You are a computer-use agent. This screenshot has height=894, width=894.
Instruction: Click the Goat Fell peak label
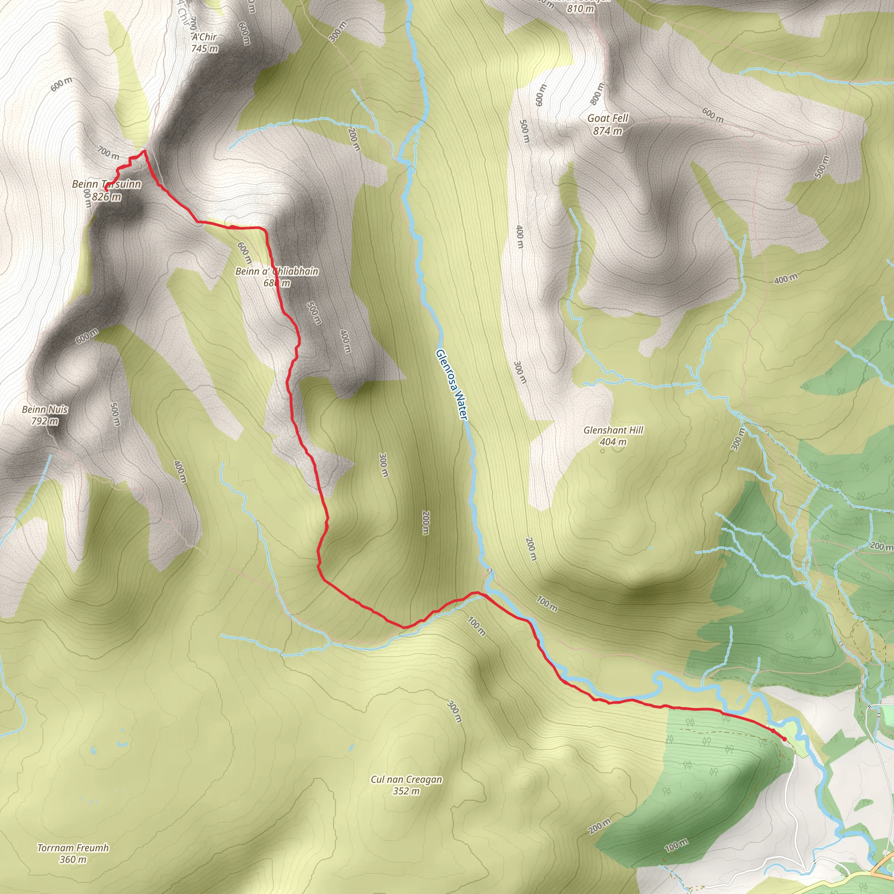608,118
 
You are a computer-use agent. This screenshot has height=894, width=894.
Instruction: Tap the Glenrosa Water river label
452,385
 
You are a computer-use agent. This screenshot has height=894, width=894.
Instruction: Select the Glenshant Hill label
613,430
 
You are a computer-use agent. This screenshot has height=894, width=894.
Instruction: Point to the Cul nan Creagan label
406,779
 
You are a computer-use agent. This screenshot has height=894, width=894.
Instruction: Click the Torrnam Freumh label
73,848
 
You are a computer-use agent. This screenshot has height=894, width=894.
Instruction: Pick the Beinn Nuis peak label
45,409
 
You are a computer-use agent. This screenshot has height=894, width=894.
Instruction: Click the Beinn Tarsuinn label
107,184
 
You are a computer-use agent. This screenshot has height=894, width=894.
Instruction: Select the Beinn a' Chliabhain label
277,271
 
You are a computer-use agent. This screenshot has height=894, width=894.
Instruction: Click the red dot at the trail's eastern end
784,739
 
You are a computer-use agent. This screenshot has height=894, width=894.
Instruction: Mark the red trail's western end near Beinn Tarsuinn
106,190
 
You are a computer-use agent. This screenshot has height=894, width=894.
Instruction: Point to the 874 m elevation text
608,131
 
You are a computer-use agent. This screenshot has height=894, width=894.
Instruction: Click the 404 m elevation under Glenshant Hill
613,442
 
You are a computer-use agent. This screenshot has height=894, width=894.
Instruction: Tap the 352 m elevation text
406,791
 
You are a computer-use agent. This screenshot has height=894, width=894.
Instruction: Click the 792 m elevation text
45,421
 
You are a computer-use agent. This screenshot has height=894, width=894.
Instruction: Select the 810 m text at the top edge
581,8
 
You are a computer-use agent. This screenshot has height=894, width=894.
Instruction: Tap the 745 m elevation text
205,48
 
